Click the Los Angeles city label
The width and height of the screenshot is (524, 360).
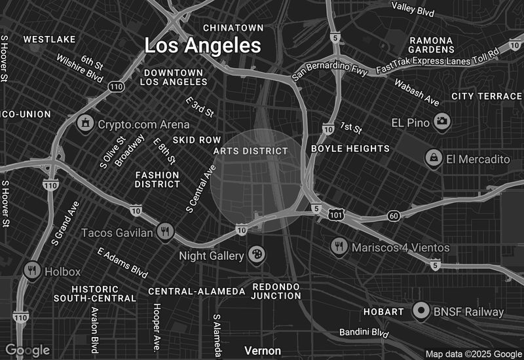click(202, 46)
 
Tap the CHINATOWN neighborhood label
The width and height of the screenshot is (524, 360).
click(233, 27)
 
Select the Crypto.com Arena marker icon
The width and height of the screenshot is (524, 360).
click(84, 123)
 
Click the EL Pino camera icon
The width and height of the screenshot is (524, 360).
click(442, 122)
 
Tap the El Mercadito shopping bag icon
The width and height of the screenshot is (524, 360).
click(433, 158)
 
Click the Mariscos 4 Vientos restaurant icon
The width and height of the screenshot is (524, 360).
click(339, 247)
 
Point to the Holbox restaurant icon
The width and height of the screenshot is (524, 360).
click(31, 269)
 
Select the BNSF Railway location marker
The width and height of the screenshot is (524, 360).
click(421, 312)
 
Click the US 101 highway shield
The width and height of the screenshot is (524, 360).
click(336, 214)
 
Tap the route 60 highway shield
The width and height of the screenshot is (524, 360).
click(393, 215)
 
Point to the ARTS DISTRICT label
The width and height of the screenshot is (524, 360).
click(250, 151)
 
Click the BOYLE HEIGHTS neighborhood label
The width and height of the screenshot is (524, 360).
click(350, 149)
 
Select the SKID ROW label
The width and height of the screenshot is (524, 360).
click(197, 140)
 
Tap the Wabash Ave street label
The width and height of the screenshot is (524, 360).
click(417, 92)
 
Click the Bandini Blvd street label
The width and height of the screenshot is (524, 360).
click(364, 333)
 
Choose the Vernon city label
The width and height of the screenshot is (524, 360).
click(263, 351)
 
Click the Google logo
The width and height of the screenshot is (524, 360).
click(28, 350)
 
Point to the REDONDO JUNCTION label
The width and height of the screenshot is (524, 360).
click(276, 291)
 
